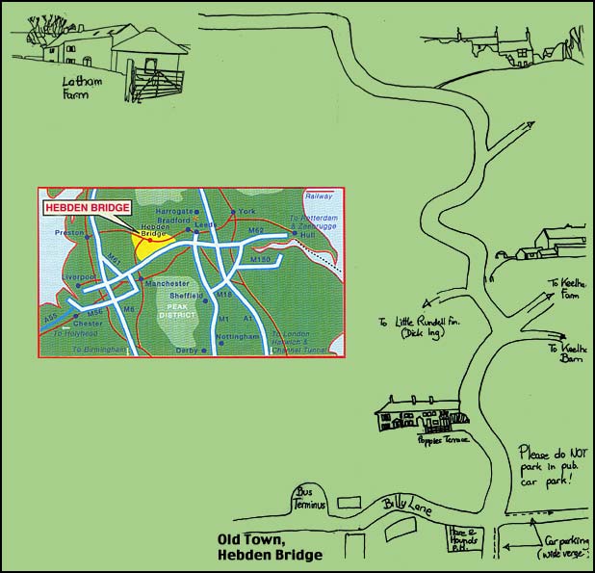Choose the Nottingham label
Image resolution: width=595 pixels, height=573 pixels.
(x=238, y=336)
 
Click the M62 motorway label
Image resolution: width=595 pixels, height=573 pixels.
(x=255, y=231)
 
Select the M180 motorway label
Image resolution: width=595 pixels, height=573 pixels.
(x=261, y=260)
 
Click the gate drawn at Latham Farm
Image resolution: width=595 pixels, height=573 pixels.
(x=153, y=83)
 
